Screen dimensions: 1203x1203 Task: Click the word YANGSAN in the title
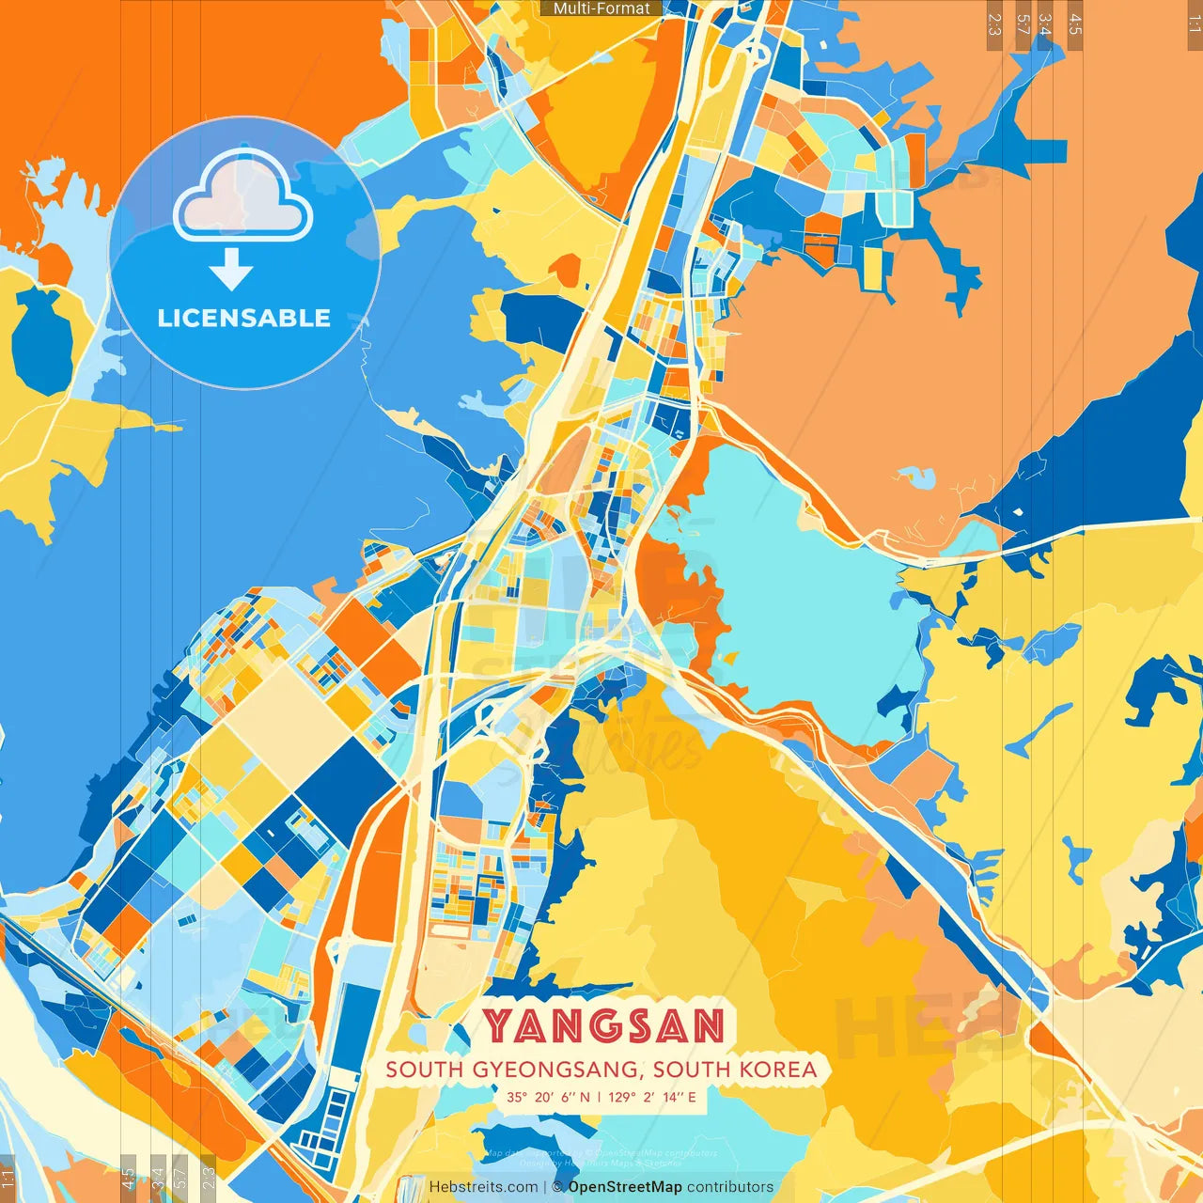603,1025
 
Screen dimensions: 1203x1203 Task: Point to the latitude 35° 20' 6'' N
549,1097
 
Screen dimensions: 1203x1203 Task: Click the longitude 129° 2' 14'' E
652,1097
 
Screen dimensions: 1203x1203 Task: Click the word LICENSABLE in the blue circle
244,318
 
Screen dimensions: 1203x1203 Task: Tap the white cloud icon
242,195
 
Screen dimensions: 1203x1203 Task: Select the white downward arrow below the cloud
231,270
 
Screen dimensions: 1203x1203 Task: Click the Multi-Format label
601,8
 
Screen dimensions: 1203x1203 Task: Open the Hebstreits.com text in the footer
483,1187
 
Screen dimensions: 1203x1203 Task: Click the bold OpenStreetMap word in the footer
624,1187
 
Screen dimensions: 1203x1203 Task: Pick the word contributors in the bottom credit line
730,1187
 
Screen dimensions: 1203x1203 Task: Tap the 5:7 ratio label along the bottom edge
180,1178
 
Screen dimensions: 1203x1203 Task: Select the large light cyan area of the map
799,583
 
